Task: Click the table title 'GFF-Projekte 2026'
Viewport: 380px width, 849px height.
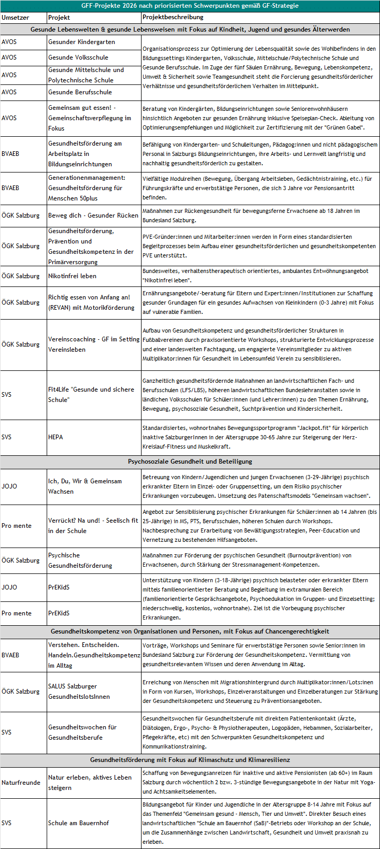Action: (x=190, y=6)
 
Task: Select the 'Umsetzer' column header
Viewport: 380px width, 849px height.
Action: (x=15, y=18)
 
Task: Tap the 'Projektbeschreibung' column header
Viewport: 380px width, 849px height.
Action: (x=173, y=18)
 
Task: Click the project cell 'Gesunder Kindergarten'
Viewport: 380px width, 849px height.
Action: (x=81, y=42)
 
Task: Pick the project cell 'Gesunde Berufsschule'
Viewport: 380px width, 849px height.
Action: (x=80, y=92)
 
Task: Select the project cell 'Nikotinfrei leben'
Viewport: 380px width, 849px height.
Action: (x=72, y=276)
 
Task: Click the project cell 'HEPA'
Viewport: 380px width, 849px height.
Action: (x=55, y=437)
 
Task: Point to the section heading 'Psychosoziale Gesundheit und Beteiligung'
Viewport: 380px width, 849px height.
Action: (x=190, y=462)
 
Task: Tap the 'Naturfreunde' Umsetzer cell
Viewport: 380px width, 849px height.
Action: (x=21, y=783)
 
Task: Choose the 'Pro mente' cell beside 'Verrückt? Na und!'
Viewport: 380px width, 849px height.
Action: (x=16, y=526)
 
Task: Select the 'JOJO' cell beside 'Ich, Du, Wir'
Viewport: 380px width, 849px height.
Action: (x=9, y=486)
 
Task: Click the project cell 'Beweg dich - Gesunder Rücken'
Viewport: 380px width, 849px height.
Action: (x=93, y=215)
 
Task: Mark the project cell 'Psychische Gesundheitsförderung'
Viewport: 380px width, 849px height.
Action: (x=80, y=560)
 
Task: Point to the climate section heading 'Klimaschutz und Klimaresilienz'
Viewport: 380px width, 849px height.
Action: (x=190, y=760)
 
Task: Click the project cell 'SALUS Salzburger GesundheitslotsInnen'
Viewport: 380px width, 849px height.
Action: (x=79, y=692)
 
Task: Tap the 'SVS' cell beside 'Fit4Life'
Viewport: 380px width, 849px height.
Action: (x=7, y=395)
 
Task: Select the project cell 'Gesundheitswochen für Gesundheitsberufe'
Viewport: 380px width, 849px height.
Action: (x=82, y=732)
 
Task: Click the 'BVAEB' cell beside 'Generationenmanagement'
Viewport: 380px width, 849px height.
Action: (x=10, y=188)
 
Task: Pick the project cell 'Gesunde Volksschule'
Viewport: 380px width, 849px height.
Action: (x=78, y=57)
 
